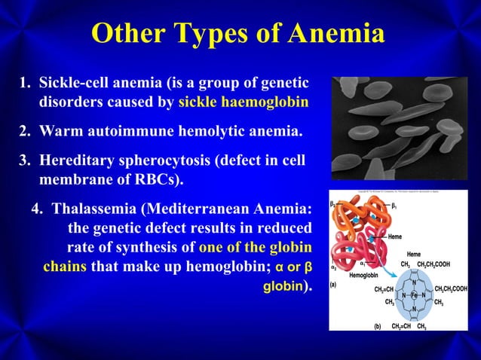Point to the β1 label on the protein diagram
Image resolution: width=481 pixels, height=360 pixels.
pyautogui.click(x=394, y=204)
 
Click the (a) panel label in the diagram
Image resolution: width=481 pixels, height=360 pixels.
pyautogui.click(x=335, y=285)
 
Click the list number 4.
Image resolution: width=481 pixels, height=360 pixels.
pyautogui.click(x=36, y=209)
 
